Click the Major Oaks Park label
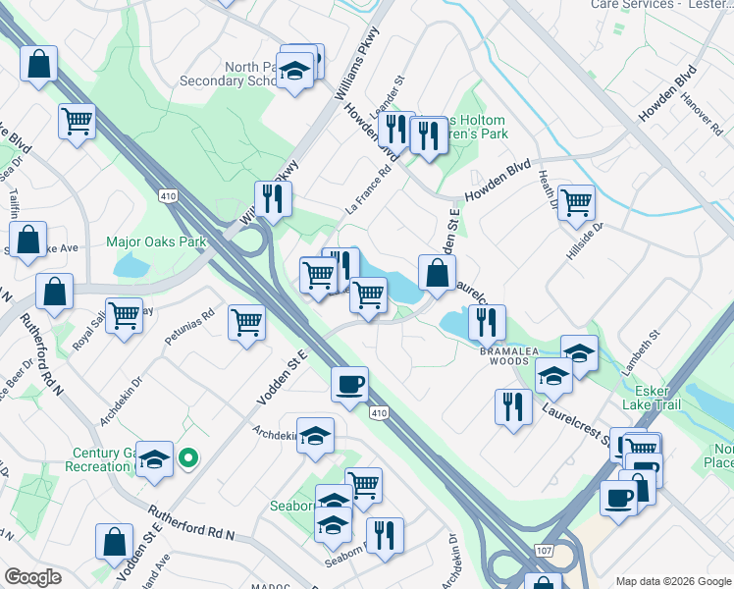click(x=156, y=241)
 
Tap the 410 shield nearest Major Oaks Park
click(x=167, y=196)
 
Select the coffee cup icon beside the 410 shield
click(x=349, y=383)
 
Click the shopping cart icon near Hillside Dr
click(x=576, y=201)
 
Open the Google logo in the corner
click(x=32, y=577)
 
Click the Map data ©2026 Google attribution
click(x=672, y=581)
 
